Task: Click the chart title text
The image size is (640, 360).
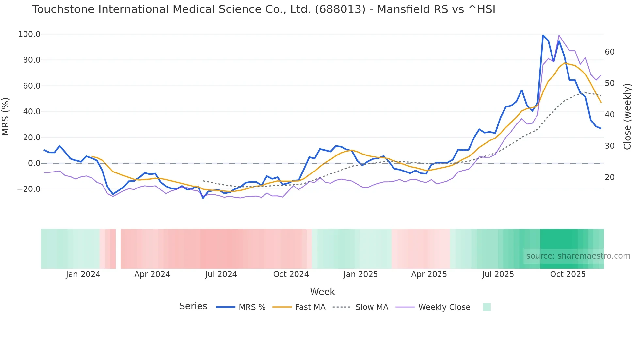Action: (264, 9)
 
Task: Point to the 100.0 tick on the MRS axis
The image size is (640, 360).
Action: (29, 34)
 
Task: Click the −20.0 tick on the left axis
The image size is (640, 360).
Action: (28, 189)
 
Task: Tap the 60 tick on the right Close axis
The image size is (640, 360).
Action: (609, 52)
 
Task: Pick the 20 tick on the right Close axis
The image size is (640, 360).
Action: (609, 177)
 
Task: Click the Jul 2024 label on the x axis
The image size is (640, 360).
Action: (221, 274)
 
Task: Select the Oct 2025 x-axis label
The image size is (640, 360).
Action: (568, 274)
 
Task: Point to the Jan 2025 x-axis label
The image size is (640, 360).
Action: (360, 274)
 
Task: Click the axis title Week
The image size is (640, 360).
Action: (322, 292)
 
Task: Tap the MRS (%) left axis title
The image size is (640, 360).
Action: (6, 116)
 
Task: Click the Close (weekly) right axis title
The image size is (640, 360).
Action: (627, 117)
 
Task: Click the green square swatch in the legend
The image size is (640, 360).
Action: (487, 307)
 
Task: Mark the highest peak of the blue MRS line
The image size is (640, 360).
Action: (543, 35)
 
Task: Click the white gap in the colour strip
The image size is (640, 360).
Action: (118, 249)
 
